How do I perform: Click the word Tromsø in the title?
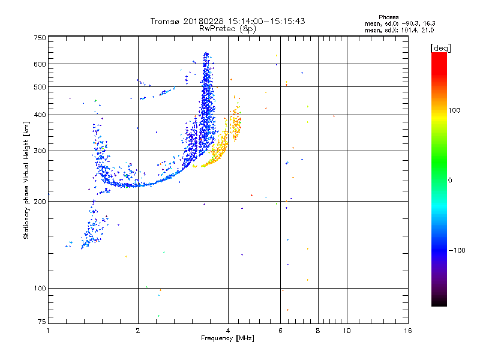pos(167,21)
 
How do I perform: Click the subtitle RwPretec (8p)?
pos(228,28)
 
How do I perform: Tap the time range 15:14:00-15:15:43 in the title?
pos(256,21)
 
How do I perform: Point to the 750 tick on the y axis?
pos(40,38)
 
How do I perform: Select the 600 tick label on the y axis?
pos(40,64)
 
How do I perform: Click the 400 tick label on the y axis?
pos(40,115)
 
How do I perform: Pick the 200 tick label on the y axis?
pos(40,202)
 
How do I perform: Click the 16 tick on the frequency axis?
pos(407,331)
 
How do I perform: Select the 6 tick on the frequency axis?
pos(281,331)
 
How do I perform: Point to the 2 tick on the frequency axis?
pos(138,331)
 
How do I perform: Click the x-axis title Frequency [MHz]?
pos(227,338)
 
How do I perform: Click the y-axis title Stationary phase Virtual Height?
pos(26,180)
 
